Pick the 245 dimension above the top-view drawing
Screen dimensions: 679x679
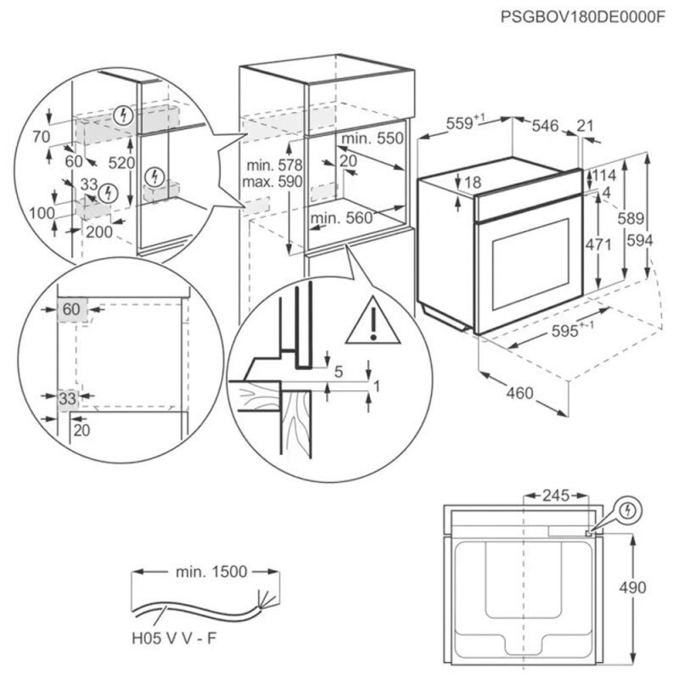point(557,495)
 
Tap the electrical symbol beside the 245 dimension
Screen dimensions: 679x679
point(628,510)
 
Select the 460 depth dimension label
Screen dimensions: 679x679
point(519,392)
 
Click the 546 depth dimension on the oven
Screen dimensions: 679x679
point(545,126)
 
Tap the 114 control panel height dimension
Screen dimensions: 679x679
point(603,175)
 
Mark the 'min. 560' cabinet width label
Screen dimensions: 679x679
point(341,218)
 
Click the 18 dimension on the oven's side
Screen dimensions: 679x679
point(473,182)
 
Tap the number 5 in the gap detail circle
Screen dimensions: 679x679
point(338,371)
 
